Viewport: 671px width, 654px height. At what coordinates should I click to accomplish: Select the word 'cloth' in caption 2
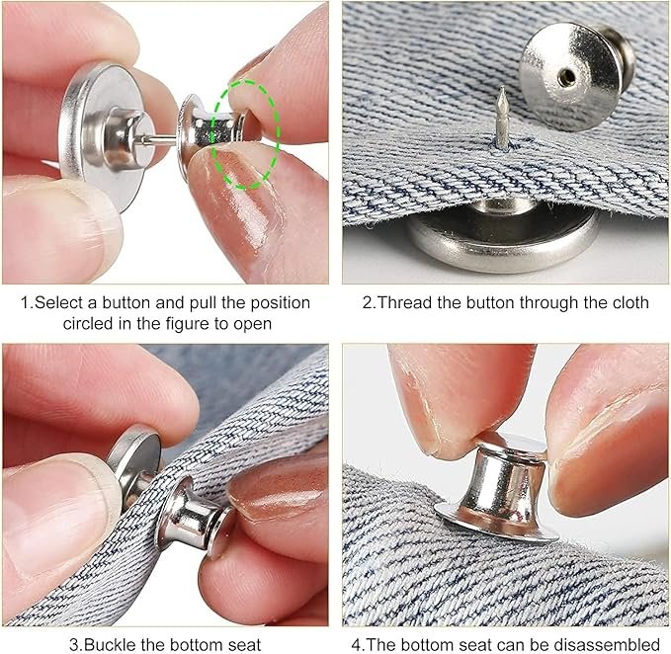(x=628, y=302)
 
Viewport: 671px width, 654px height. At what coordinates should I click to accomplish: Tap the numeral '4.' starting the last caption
(x=357, y=645)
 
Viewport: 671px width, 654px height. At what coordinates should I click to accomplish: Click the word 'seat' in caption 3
(x=241, y=645)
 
